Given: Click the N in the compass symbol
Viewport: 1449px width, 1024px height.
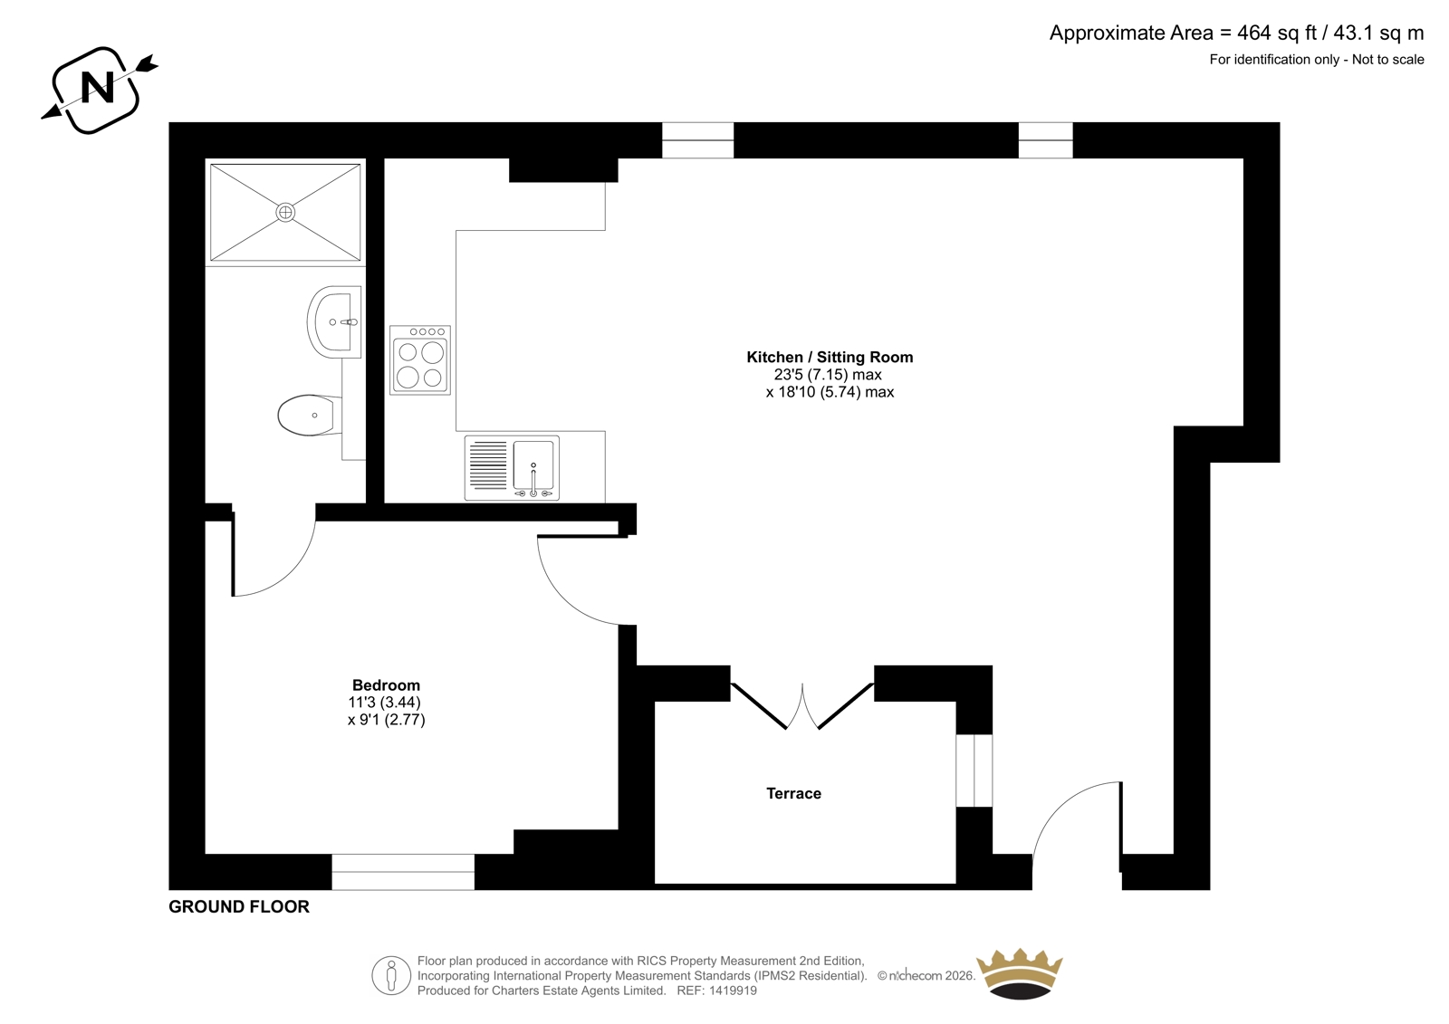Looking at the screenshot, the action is [x=99, y=88].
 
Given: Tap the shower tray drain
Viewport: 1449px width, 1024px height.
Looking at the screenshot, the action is [x=285, y=212].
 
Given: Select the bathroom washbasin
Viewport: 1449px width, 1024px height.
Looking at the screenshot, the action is [x=334, y=321].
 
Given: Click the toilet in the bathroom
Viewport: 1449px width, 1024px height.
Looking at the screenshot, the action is [x=310, y=415].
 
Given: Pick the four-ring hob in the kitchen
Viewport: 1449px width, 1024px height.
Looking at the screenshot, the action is [x=420, y=360].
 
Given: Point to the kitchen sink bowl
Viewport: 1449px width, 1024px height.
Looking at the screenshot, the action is [x=533, y=465].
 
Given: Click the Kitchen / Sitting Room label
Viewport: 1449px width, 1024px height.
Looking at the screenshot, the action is [x=830, y=357].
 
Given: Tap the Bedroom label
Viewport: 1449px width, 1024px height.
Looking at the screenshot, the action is [x=386, y=685].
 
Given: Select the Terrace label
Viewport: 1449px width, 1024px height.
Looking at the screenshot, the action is [x=793, y=794].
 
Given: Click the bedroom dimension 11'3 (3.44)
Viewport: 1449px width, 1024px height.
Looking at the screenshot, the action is [x=385, y=703].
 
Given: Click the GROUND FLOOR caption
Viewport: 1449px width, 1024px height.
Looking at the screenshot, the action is [x=239, y=907].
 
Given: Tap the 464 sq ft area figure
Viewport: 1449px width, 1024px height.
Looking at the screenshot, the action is [x=1277, y=33].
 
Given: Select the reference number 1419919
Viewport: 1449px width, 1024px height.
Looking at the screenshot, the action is [x=732, y=991].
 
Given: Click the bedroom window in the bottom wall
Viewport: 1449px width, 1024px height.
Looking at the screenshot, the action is [x=403, y=872].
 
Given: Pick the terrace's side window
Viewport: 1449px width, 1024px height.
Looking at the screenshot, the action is [x=974, y=770].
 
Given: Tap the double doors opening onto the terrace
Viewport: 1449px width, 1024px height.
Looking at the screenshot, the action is [x=802, y=706].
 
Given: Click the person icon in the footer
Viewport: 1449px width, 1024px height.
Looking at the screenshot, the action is [x=391, y=975].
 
